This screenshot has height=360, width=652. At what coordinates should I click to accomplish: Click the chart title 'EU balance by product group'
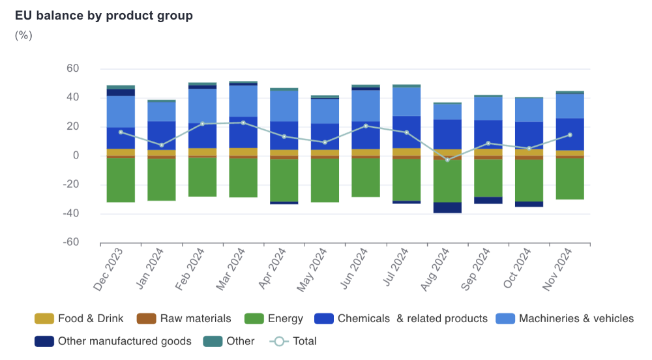pos(104,16)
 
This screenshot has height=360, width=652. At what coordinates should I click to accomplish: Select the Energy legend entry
pos(274,319)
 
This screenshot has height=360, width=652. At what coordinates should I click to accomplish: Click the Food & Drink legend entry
pos(80,319)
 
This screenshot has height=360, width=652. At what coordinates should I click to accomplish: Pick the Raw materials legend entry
pos(184,319)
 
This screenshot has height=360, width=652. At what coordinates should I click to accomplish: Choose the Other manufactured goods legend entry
pos(113,341)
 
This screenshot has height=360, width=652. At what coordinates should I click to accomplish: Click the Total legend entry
pos(293,341)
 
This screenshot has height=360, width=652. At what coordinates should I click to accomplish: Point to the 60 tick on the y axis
pos(72,68)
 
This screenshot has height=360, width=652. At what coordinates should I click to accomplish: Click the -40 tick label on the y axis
pos(70,213)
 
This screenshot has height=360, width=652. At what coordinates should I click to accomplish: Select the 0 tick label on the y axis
pos(76,155)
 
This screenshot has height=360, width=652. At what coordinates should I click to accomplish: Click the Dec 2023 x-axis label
pos(109,269)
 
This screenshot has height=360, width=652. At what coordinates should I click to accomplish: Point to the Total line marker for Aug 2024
pos(447,160)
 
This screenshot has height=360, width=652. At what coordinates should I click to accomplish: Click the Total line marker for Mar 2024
pos(243,123)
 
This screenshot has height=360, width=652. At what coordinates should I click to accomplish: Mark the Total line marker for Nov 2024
pos(570,135)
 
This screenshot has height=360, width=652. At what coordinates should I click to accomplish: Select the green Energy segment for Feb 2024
pos(202,177)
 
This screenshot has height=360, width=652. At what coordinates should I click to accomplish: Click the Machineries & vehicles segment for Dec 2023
pos(121,112)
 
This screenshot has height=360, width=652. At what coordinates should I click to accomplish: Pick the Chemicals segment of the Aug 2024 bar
pos(447,134)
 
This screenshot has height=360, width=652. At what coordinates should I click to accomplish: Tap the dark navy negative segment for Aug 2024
pos(447,207)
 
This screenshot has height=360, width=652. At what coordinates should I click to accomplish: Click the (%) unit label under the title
pos(23,35)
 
